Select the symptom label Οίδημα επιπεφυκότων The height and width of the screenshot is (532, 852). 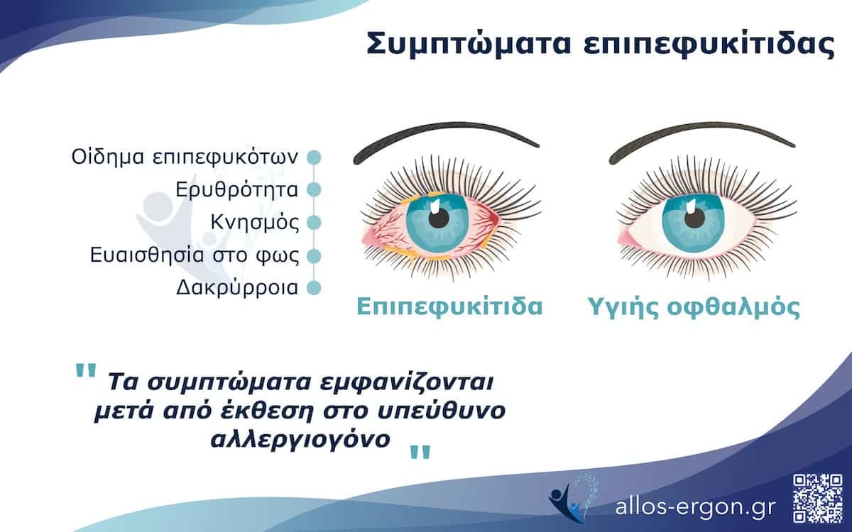pos(185,157)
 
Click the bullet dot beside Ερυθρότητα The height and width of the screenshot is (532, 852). pos(314,189)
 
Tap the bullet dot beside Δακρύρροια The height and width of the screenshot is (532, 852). pos(314,287)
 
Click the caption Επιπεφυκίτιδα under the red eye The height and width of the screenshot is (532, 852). pos(449,308)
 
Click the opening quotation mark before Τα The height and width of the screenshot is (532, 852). pos(85,373)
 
